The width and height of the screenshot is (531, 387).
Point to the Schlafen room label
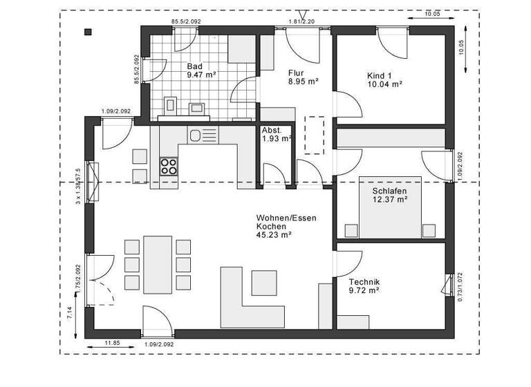[x=389, y=195]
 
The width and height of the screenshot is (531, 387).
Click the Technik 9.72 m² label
[x=364, y=286]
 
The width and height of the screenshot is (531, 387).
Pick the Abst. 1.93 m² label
[x=276, y=135]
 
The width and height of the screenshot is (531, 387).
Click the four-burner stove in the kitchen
[x=169, y=166]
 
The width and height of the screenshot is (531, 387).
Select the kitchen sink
[x=196, y=135]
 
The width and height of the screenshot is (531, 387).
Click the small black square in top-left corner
[x=88, y=31]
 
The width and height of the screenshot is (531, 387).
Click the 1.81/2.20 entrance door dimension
[x=301, y=22]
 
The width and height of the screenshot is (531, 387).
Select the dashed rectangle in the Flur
[x=314, y=135]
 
